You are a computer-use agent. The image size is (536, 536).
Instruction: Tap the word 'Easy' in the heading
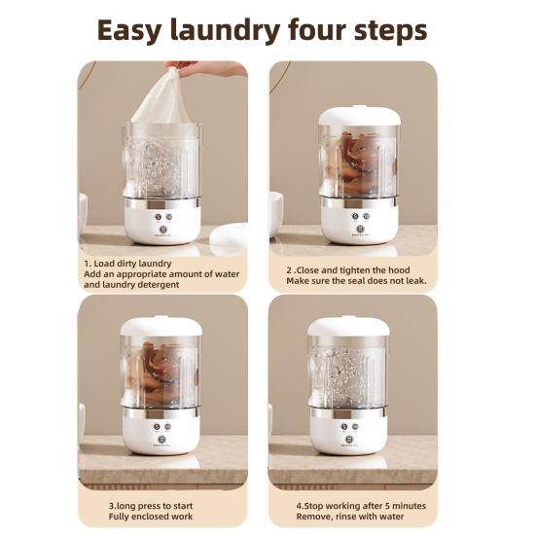point(128,31)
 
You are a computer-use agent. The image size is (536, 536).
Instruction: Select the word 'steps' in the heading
point(391,31)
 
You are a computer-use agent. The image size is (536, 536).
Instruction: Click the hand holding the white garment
point(205,68)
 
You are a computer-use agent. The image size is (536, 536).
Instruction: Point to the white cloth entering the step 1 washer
point(161,99)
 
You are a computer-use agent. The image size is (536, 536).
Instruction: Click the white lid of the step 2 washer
point(360,115)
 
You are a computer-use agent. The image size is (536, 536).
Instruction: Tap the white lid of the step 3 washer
point(161,326)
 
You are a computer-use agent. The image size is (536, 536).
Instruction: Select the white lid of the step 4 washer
point(348,326)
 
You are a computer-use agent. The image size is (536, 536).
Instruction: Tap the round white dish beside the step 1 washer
point(229,235)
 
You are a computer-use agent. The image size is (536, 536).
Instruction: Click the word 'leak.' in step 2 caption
point(416,281)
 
